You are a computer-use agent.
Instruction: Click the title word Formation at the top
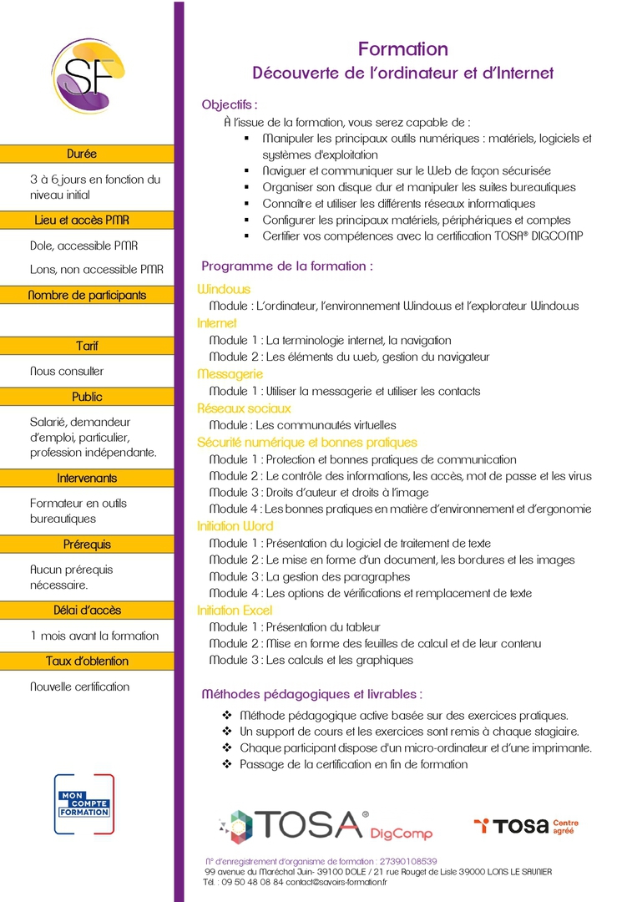click(x=403, y=49)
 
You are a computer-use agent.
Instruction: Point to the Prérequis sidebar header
click(x=87, y=545)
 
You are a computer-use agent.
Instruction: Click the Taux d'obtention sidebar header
click(x=87, y=661)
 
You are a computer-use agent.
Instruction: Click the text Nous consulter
click(x=67, y=371)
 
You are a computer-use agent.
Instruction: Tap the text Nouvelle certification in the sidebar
click(x=79, y=687)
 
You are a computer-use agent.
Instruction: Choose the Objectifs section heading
click(x=230, y=104)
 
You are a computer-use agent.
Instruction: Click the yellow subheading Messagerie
click(x=230, y=374)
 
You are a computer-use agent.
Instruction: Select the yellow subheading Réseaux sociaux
click(x=244, y=408)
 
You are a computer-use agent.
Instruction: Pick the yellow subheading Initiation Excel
click(x=235, y=611)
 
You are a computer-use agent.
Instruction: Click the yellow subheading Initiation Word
click(x=235, y=526)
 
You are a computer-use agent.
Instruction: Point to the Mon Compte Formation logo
click(x=83, y=803)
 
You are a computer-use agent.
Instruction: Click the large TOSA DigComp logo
click(x=326, y=824)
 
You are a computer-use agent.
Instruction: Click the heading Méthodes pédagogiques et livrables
click(x=311, y=694)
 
